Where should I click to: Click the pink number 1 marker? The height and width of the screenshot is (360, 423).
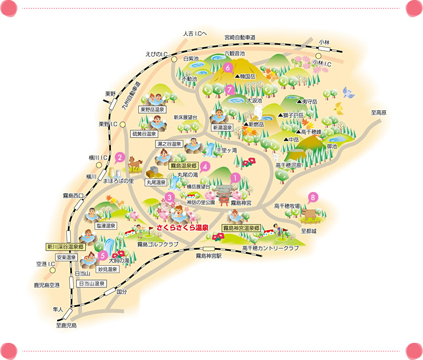[234, 178]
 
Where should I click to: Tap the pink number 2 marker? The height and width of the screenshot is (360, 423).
[120, 156]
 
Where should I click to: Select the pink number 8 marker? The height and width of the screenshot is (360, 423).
[313, 197]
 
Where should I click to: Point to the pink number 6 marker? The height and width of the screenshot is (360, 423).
[228, 68]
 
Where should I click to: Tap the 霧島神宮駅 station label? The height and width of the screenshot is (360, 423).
[208, 257]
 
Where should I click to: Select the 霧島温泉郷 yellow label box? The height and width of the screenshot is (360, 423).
[180, 164]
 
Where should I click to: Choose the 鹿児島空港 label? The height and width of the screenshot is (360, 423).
[46, 285]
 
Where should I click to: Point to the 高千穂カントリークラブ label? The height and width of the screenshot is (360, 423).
[270, 249]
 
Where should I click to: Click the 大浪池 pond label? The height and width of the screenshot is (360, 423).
[254, 101]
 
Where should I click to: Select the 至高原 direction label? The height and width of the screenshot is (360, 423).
[379, 113]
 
